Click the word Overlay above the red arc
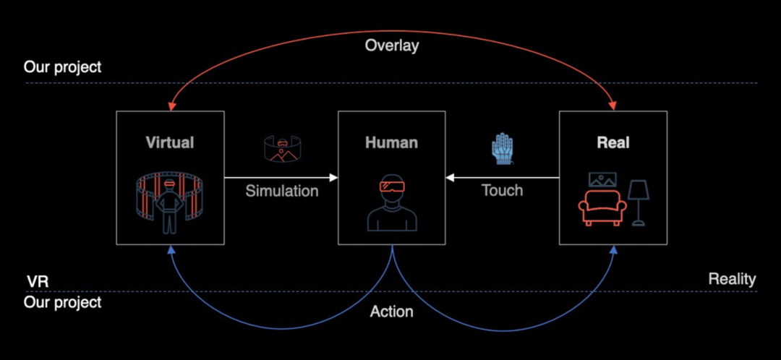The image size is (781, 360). point(392,46)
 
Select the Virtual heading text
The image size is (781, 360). point(170,142)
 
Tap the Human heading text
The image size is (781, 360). point(391,142)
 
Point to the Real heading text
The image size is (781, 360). point(613,142)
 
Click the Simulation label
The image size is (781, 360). point(281,191)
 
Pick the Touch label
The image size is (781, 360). point(502,191)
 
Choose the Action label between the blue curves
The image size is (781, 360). point(391,312)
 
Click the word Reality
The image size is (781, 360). point(732,279)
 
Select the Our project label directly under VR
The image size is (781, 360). point(63,302)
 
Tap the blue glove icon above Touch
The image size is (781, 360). point(501,149)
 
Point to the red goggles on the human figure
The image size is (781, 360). point(391,186)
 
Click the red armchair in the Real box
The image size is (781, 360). point(602,209)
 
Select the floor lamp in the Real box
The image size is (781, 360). point(638,202)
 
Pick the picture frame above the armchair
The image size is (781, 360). point(602,179)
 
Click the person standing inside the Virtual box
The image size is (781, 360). point(169,206)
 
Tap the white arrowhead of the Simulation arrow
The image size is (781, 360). point(333,177)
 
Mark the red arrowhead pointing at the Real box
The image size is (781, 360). point(613,106)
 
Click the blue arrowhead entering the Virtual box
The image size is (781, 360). point(170,249)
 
